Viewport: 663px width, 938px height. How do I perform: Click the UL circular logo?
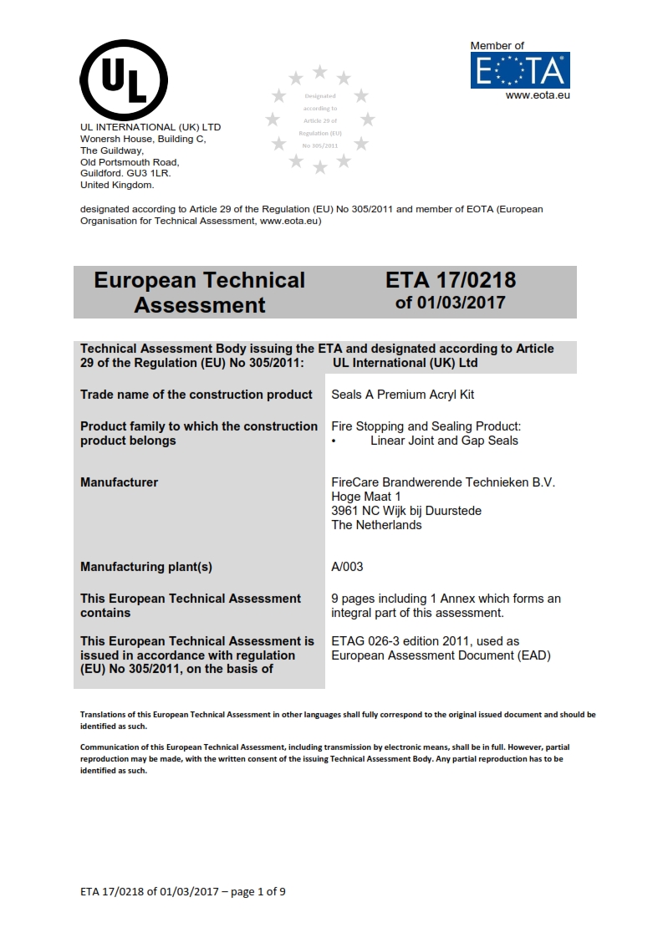[x=124, y=80]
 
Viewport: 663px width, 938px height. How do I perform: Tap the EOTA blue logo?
[x=520, y=70]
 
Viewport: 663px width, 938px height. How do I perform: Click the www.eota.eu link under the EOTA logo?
[x=538, y=95]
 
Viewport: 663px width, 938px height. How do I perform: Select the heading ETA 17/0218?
[x=451, y=280]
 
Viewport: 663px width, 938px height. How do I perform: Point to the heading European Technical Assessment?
[x=200, y=292]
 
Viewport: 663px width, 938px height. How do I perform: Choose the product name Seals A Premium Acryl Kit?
[x=403, y=395]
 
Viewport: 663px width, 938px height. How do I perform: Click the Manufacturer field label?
[x=119, y=482]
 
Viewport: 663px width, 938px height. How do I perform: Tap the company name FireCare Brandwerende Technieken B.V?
[x=443, y=482]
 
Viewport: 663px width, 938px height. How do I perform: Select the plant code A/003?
[x=347, y=567]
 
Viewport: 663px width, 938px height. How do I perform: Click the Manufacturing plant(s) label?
[x=146, y=567]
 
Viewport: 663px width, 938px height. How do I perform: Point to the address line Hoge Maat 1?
[x=366, y=497]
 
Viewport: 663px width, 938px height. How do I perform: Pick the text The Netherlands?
[x=376, y=525]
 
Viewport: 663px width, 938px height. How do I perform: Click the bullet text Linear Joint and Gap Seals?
[x=444, y=441]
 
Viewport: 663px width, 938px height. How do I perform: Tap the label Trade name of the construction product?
[x=196, y=395]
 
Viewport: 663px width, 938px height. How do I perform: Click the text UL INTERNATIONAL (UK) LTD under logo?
[x=150, y=127]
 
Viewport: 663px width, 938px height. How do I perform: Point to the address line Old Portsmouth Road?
[x=130, y=162]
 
